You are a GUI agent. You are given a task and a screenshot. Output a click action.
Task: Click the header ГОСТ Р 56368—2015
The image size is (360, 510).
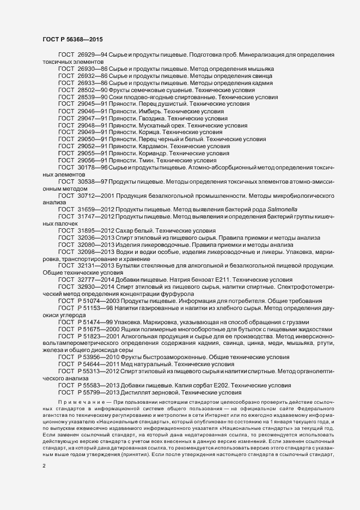pos(71,39)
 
